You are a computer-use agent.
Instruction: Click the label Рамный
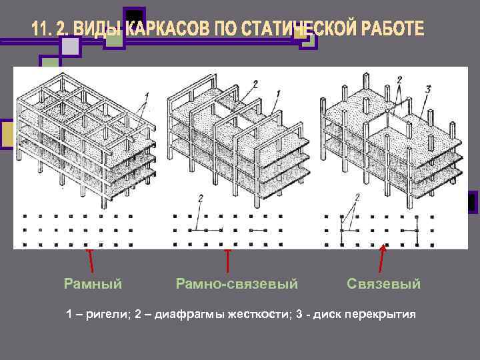coord(93,284)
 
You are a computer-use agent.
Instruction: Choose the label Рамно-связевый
coord(236,284)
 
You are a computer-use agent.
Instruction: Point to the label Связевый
coord(383,284)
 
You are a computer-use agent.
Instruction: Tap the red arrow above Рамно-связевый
coord(228,261)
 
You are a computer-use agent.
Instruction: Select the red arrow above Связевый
coord(382,259)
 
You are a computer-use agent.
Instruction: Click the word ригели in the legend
coord(107,314)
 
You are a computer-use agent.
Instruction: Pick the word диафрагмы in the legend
coord(184,314)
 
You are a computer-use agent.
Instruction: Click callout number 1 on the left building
coord(146,95)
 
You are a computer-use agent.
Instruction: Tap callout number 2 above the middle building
coord(255,85)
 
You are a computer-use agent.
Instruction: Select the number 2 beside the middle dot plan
coord(201,198)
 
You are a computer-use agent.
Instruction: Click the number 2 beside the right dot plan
coord(357,197)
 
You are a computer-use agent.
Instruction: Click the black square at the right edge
coord(473,202)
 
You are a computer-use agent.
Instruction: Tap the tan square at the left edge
coord(8,135)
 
